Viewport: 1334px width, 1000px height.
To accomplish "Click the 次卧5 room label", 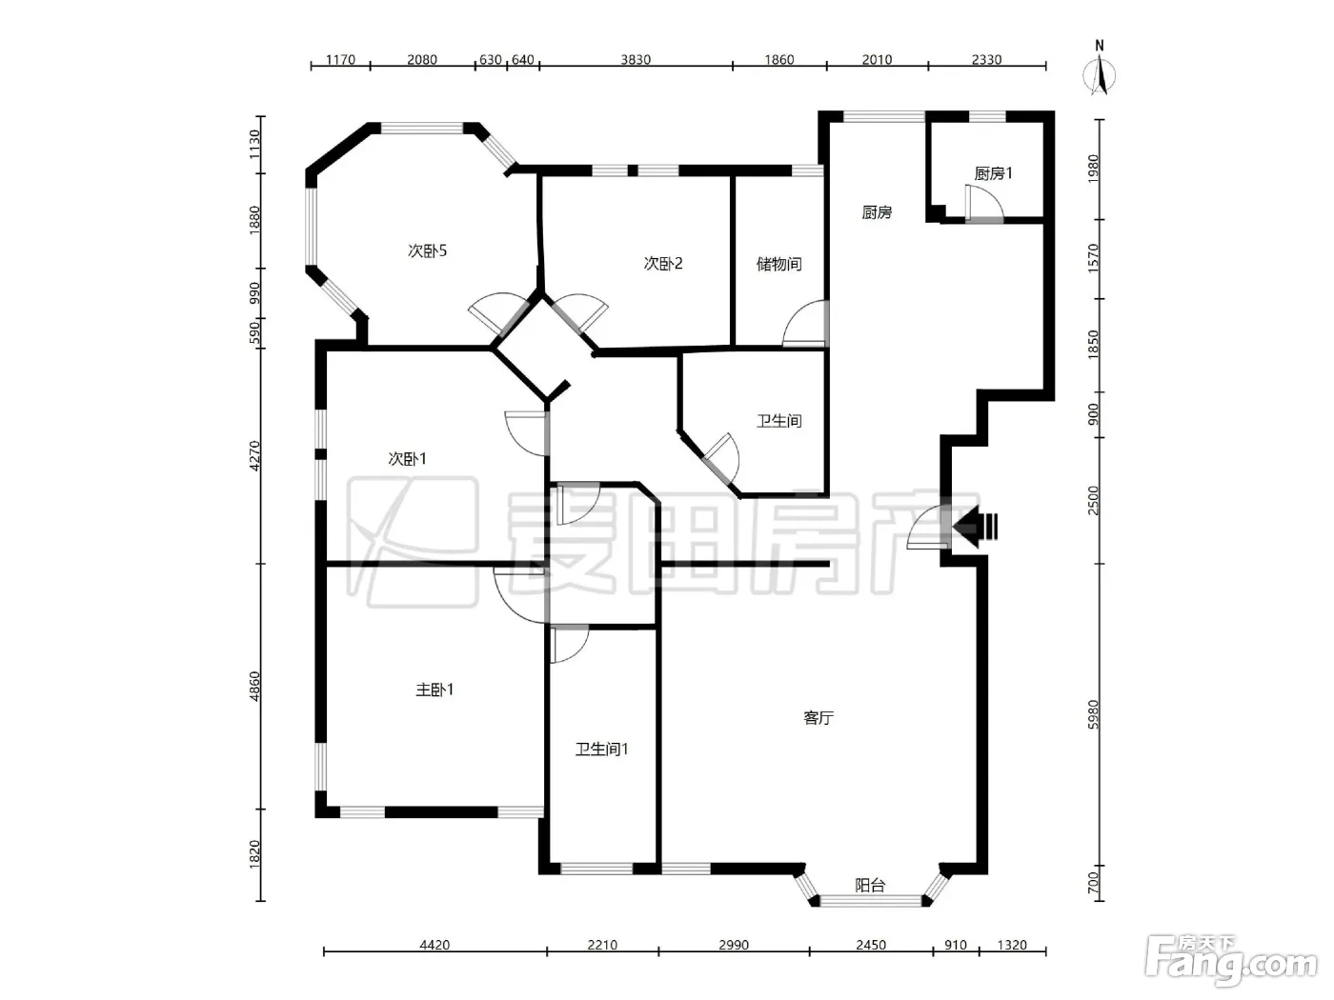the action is (x=427, y=250).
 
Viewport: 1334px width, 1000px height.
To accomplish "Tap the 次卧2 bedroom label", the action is (x=662, y=264).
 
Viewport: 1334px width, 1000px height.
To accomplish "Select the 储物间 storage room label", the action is (x=778, y=264).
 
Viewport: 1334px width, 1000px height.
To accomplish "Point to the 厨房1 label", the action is (x=993, y=173).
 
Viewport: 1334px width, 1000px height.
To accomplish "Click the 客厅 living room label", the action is (x=818, y=718).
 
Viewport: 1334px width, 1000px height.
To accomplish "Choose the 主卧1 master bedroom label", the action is (x=434, y=690).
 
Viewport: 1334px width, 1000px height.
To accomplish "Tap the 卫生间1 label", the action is (x=601, y=750).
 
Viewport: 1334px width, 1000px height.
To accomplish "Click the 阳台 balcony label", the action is (x=870, y=886).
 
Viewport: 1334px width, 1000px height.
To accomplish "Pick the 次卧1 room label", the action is (x=407, y=458).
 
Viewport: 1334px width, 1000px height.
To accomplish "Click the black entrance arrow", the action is (x=975, y=527).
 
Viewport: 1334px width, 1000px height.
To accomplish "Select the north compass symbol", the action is (x=1099, y=70).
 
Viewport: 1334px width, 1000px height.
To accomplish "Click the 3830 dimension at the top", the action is (x=636, y=59).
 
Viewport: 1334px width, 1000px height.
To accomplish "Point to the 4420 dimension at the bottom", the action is (x=435, y=945).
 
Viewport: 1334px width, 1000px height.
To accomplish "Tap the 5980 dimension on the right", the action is (x=1093, y=714).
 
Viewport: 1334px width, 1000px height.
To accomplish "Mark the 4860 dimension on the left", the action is (x=254, y=686).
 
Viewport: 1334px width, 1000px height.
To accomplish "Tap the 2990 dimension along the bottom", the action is (x=734, y=945).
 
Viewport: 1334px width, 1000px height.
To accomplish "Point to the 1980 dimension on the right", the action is (x=1093, y=169).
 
